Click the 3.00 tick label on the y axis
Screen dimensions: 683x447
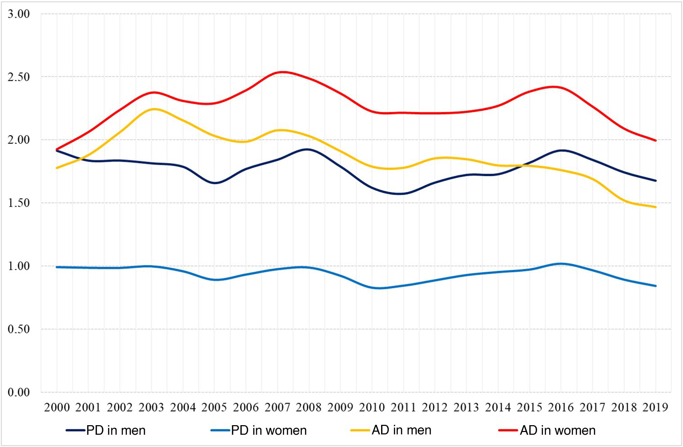click(19, 14)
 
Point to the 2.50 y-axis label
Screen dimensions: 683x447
click(19, 77)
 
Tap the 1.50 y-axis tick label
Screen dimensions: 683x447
click(19, 203)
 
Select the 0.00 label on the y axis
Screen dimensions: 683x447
click(19, 392)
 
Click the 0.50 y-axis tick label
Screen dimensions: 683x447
click(19, 329)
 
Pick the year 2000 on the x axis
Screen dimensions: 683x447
click(57, 407)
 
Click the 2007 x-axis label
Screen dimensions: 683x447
click(277, 407)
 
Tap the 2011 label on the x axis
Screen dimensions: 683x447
click(403, 407)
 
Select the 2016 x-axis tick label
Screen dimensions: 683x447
click(561, 407)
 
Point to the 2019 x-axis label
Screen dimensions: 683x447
click(655, 407)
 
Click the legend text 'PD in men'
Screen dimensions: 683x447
click(116, 430)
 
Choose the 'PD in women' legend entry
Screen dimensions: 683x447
click(269, 430)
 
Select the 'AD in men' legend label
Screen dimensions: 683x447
click(402, 430)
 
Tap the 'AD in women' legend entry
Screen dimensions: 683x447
click(558, 430)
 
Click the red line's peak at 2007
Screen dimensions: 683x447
click(283, 72)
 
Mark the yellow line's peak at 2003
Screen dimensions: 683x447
click(154, 109)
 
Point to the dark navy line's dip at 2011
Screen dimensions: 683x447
click(400, 194)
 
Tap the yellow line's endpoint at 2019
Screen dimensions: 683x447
click(656, 207)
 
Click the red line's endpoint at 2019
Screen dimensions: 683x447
click(656, 140)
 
